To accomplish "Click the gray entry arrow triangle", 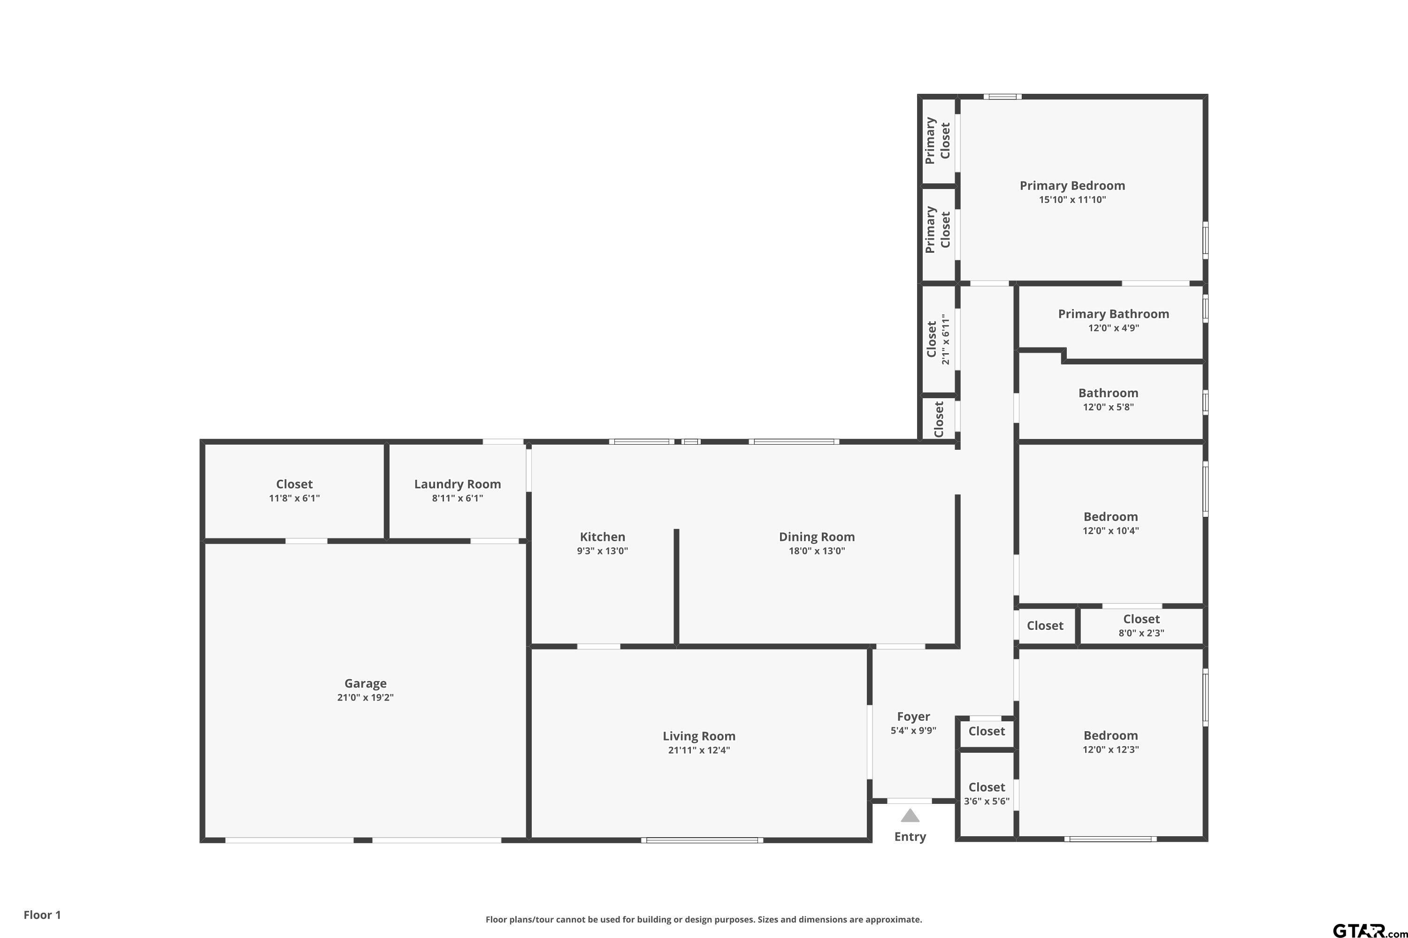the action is click(x=910, y=816).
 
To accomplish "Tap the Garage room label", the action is click(x=365, y=683).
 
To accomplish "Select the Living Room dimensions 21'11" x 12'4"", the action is click(x=699, y=750).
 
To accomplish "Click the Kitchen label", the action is click(x=602, y=537).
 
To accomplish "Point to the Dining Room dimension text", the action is click(x=817, y=551).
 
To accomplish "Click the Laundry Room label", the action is click(x=457, y=484).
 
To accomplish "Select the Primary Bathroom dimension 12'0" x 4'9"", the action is click(x=1113, y=328).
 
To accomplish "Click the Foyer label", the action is click(x=913, y=717).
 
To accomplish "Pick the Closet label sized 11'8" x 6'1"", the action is click(x=294, y=484).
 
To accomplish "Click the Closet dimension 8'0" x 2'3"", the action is click(x=1141, y=633).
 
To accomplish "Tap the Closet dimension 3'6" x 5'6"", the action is click(x=987, y=802).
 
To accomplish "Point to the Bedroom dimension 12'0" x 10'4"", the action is click(x=1110, y=530).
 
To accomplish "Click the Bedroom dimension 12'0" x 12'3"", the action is click(x=1110, y=749).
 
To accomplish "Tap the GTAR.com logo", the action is click(x=1370, y=930).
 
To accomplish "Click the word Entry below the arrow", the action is click(x=910, y=837).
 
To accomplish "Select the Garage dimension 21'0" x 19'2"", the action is click(x=365, y=697).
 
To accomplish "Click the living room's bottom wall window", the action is click(x=702, y=840).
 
